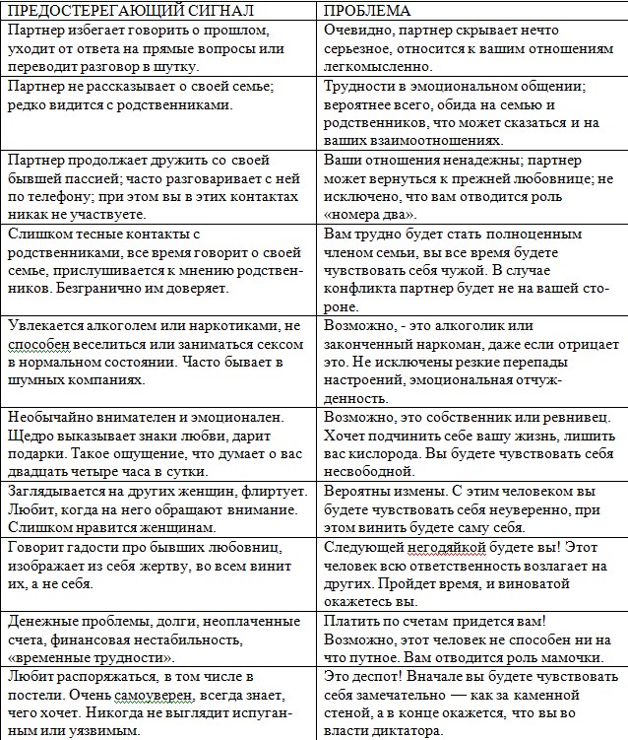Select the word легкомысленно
click(x=378, y=66)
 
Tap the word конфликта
click(x=362, y=289)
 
